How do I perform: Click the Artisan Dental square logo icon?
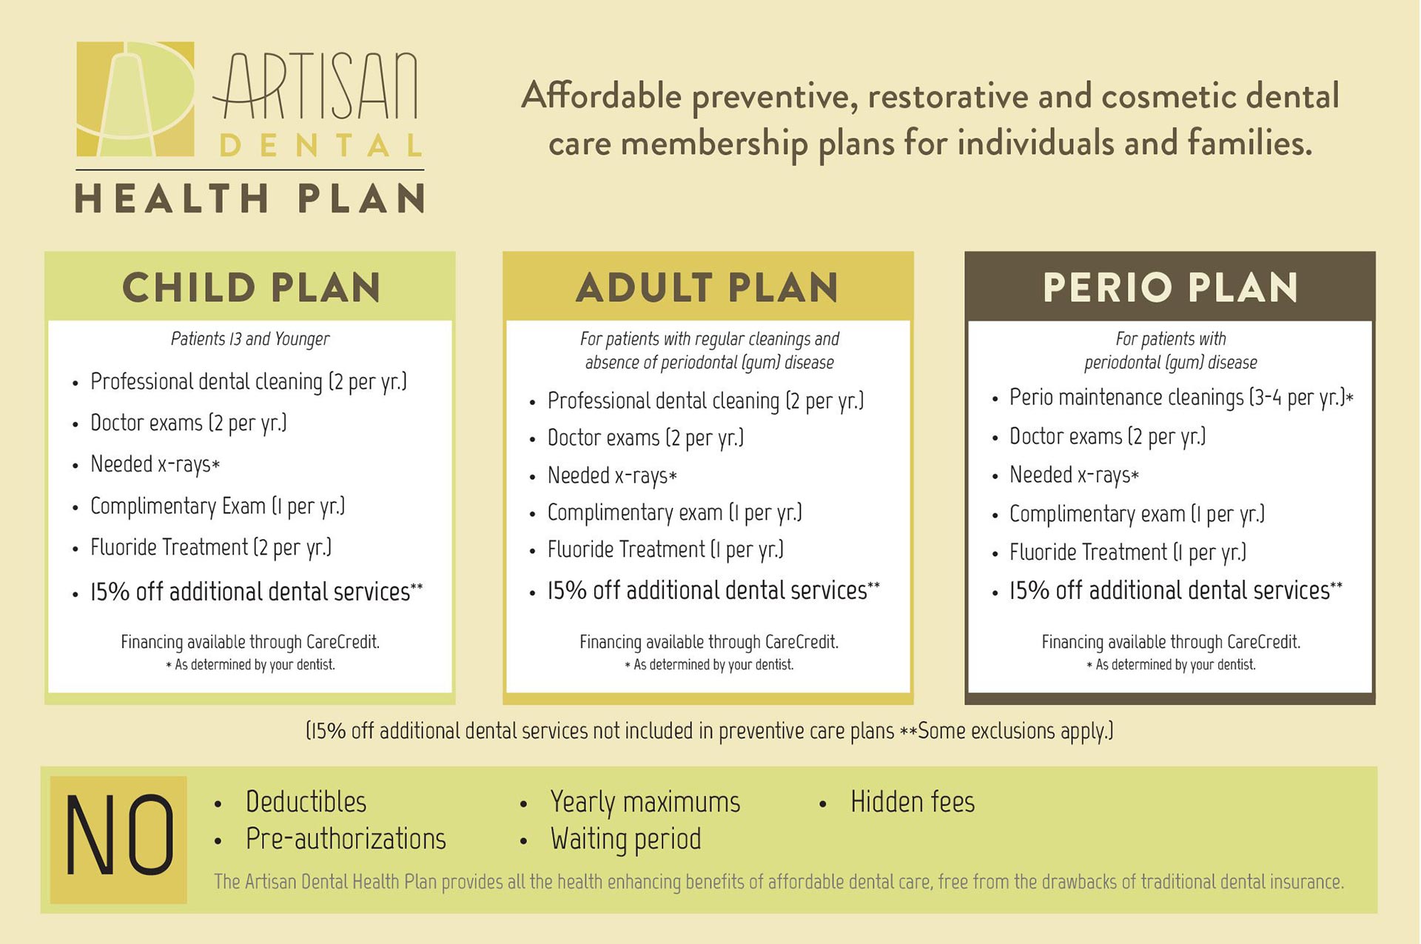pos(135,99)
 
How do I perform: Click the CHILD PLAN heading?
pos(252,287)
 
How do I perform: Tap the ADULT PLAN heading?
pos(708,287)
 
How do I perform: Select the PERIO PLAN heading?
pos(1171,287)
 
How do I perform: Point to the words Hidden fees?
pos(913,802)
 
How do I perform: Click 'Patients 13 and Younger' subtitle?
pos(250,339)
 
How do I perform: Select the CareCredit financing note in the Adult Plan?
pos(709,642)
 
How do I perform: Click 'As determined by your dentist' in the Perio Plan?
pos(1171,665)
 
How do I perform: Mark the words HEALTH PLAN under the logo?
pos(250,198)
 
